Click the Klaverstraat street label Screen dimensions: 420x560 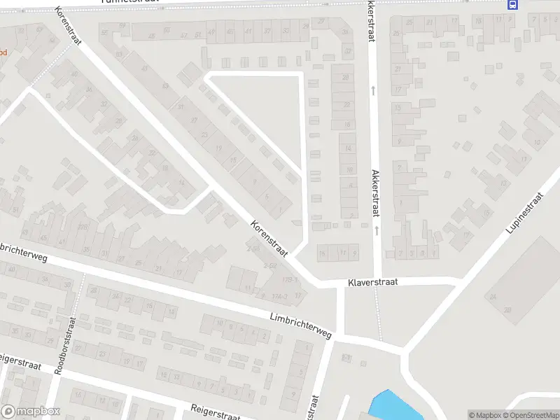(x=372, y=283)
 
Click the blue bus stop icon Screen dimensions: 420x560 (x=513, y=4)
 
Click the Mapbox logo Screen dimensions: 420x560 (x=30, y=412)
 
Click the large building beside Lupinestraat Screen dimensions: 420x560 (x=522, y=276)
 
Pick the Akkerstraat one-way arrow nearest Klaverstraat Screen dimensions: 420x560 (x=377, y=230)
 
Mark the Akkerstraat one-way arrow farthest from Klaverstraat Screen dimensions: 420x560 (x=374, y=90)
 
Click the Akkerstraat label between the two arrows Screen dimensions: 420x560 (x=376, y=192)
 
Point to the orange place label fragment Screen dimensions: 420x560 (x=3, y=52)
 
